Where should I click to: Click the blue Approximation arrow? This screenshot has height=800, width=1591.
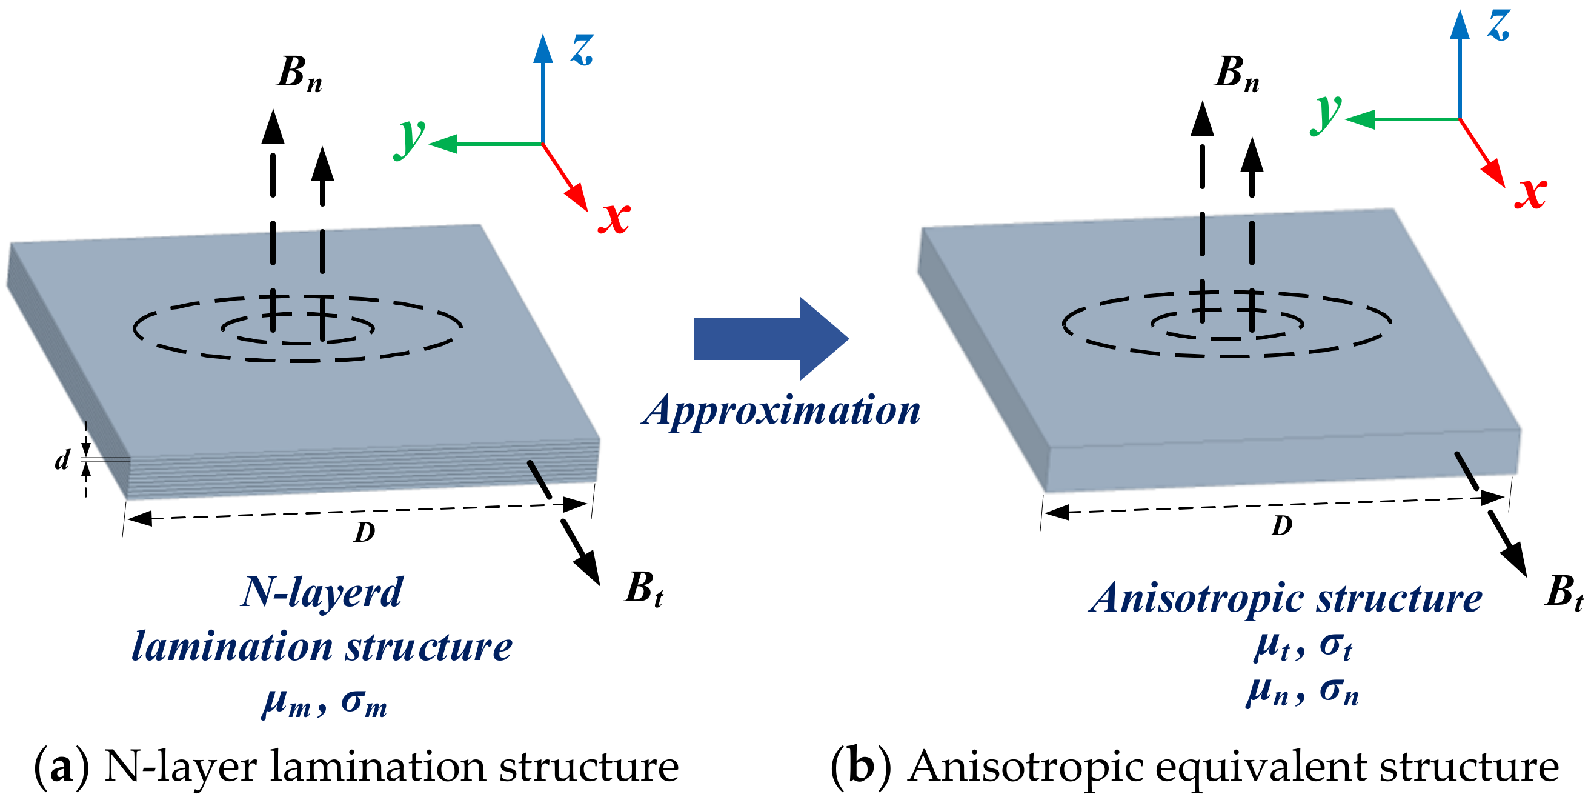pyautogui.click(x=766, y=339)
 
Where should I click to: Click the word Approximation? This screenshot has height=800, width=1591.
pyautogui.click(x=782, y=411)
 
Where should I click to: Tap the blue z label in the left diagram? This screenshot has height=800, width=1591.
pyautogui.click(x=582, y=50)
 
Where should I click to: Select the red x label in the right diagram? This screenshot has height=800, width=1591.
pyautogui.click(x=1530, y=193)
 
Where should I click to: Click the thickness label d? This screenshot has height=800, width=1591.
pyautogui.click(x=62, y=460)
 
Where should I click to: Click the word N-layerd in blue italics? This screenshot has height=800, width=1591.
pyautogui.click(x=321, y=593)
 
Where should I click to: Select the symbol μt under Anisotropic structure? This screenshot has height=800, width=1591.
pyautogui.click(x=1272, y=647)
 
